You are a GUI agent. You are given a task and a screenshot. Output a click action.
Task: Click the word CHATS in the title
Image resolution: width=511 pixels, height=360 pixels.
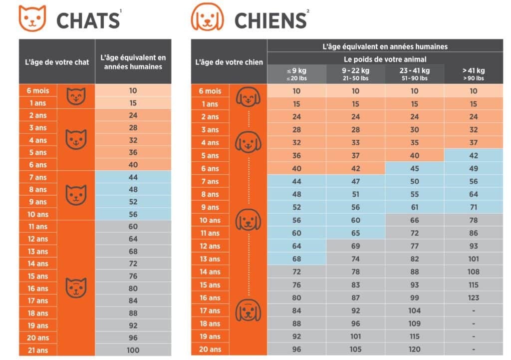coord(88,20)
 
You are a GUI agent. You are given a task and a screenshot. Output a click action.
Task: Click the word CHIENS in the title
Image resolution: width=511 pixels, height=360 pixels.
coord(270,20)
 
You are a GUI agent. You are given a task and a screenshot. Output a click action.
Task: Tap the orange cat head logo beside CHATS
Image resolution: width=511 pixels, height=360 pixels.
coord(32,18)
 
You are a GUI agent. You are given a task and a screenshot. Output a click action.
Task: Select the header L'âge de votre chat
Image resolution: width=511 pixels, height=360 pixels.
coord(57,62)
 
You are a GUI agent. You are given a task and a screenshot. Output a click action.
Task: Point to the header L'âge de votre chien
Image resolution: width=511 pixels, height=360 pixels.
coord(229,62)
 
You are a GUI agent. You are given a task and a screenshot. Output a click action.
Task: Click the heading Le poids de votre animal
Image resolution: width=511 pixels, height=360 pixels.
coord(385,59)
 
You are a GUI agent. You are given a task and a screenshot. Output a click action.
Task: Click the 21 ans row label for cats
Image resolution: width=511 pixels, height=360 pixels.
coord(38,350)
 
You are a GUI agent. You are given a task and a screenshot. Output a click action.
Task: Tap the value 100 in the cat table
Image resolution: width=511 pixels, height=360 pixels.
coord(133,350)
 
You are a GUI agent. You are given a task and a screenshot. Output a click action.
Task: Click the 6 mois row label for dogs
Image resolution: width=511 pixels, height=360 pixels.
coord(210,91)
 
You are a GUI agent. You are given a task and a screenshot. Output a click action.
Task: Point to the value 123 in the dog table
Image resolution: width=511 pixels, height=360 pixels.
coord(473,298)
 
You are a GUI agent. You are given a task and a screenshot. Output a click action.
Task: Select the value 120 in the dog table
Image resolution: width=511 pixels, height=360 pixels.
coord(414,350)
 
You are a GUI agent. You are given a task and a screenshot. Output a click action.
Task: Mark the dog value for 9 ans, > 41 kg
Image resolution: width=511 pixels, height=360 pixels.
coord(473,207)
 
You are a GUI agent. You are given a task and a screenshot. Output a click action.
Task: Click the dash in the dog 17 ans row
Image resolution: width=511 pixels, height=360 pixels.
coord(473,311)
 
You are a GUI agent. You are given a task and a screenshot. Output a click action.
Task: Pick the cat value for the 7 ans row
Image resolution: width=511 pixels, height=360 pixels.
coord(133,177)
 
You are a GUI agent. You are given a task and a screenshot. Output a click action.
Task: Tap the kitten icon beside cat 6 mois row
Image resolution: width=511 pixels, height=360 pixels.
coord(76,96)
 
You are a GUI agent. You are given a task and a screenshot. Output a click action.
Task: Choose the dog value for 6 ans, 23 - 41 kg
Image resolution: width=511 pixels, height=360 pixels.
coord(414,168)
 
